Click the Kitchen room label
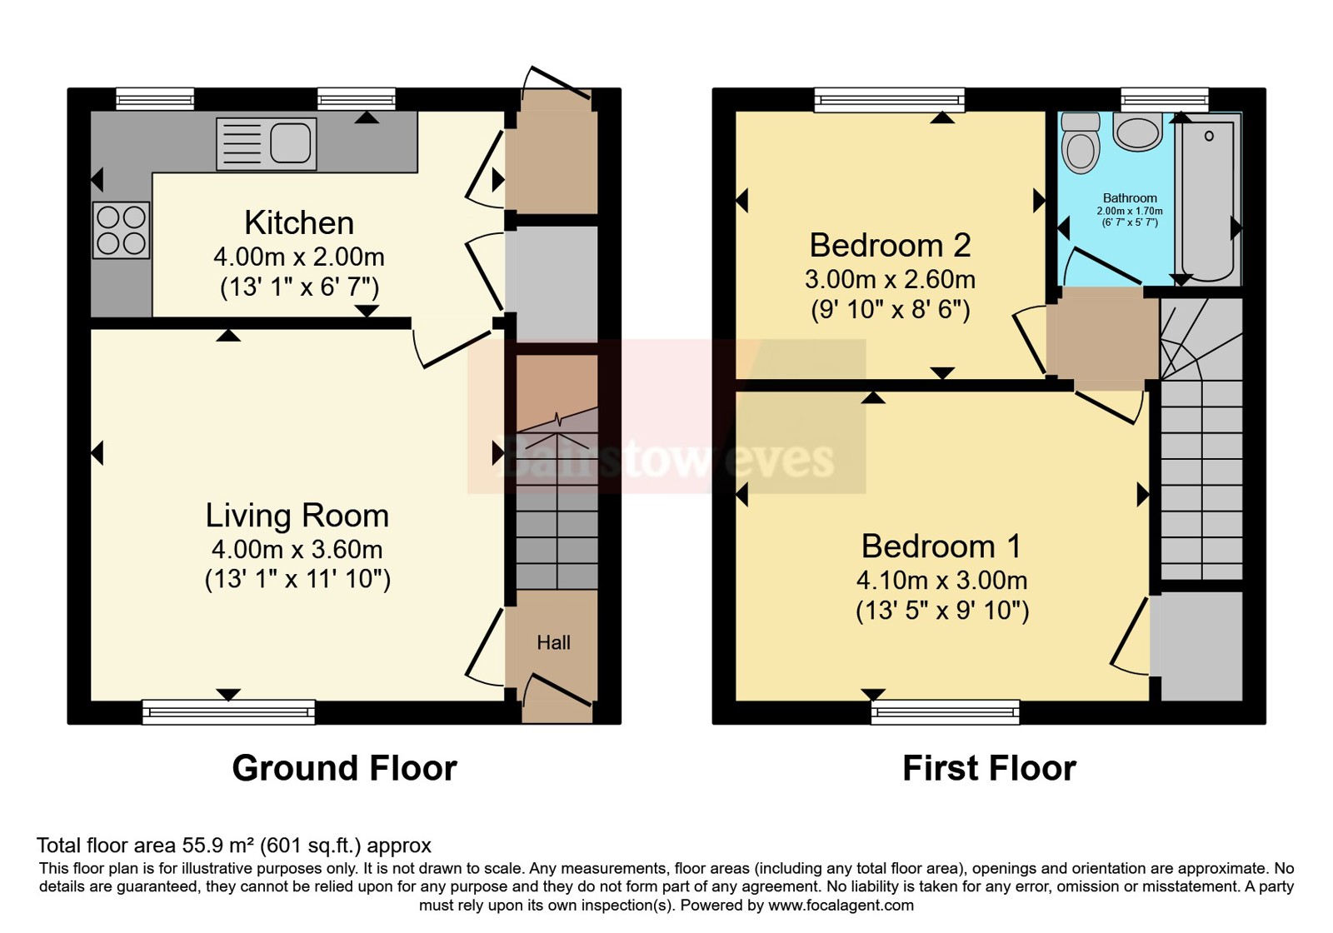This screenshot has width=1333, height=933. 299,223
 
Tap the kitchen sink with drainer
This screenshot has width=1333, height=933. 266,143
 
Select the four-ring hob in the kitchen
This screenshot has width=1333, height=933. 122,230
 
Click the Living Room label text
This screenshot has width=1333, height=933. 297,516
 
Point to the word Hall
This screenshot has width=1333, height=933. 553,642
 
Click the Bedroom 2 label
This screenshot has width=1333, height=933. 891,245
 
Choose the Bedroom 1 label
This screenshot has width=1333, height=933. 941,546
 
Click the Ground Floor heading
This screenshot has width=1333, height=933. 345,768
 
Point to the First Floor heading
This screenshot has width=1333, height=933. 989,768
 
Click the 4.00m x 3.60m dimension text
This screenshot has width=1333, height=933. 297,549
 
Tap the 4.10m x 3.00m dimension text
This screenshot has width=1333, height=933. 941,580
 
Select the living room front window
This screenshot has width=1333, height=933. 228,712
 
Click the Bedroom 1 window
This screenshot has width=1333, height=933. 945,712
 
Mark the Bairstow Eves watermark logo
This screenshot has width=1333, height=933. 666,417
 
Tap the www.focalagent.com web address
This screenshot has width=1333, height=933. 841,906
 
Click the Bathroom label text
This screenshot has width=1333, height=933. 1130,198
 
